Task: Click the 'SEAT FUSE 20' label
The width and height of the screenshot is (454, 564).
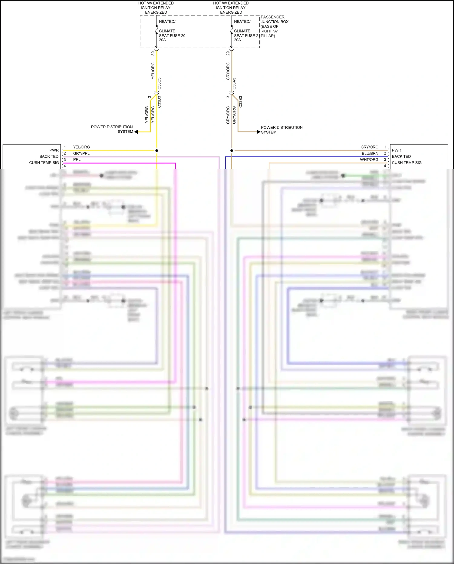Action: [x=172, y=35]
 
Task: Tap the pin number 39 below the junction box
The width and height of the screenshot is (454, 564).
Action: [x=153, y=53]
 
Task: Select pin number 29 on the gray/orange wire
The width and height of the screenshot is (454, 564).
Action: [x=228, y=53]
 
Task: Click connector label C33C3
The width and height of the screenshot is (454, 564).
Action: [x=159, y=83]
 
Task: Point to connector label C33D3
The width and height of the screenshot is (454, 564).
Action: [x=159, y=102]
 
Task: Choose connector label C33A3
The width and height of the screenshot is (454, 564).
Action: [x=234, y=83]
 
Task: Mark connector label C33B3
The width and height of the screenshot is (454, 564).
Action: [x=240, y=102]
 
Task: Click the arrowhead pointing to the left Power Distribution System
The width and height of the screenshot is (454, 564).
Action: [x=136, y=132]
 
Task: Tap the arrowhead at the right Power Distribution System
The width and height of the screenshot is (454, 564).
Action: [x=258, y=132]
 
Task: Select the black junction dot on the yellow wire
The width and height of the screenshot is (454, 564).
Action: [x=156, y=150]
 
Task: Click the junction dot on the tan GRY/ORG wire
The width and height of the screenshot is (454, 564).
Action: [x=232, y=150]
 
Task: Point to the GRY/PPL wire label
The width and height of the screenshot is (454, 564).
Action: [x=81, y=153]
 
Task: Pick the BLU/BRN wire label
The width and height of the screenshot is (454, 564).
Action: [x=370, y=153]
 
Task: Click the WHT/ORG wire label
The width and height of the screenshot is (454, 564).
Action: [x=369, y=160]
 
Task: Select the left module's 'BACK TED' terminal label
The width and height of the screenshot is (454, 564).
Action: [x=49, y=156]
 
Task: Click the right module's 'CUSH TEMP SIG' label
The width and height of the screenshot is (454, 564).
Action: [x=406, y=163]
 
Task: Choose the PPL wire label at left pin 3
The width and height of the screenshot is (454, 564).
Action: [x=77, y=159]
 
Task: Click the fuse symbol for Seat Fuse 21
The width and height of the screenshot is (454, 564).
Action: [x=232, y=29]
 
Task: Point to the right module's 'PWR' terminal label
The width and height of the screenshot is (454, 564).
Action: [x=396, y=150]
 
